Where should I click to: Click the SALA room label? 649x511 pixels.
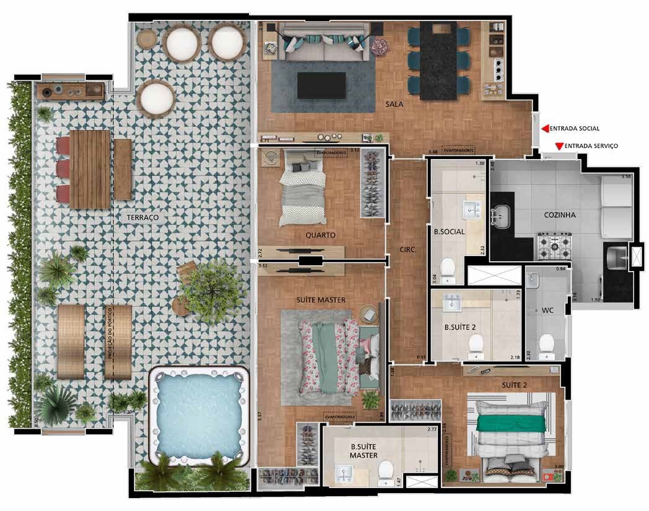(x=394, y=105)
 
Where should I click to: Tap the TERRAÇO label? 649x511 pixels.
(x=142, y=218)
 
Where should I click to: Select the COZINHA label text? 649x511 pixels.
(x=560, y=215)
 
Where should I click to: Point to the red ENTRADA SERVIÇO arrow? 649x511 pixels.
(x=559, y=147)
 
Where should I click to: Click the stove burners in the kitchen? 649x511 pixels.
(x=555, y=246)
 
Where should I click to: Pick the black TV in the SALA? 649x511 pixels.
(x=321, y=85)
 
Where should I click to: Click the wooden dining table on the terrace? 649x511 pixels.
(x=90, y=169)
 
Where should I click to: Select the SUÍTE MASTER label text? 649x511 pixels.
(x=321, y=300)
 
